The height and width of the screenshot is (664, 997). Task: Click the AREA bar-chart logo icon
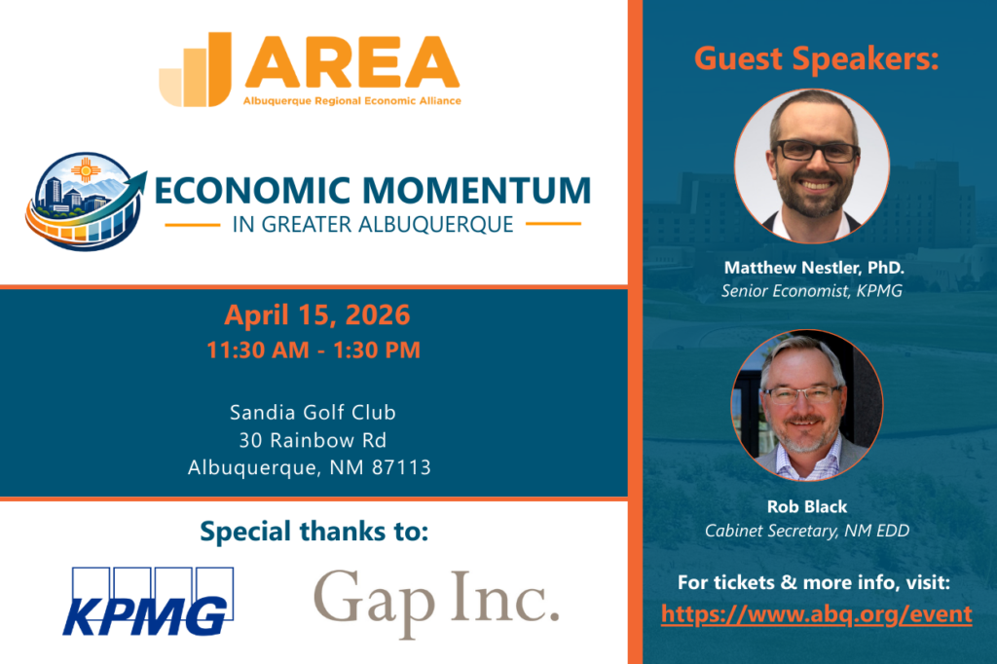point(195,69)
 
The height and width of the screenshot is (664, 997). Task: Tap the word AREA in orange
point(351,62)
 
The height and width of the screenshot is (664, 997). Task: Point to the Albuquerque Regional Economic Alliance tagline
point(351,100)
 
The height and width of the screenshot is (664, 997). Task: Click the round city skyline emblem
point(86,201)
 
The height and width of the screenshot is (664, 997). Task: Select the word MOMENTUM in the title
point(477,190)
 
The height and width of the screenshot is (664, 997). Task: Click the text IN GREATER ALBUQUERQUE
point(373,225)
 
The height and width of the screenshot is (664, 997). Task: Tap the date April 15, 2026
point(317,314)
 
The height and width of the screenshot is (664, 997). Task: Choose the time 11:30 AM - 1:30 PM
point(314,350)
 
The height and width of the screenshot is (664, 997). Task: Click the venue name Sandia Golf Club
point(313,412)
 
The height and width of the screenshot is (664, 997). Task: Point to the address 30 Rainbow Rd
point(313,440)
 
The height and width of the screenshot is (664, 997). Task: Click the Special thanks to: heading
point(314,531)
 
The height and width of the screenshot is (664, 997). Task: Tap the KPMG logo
point(148,602)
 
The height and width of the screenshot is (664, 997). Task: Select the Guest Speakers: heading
point(817,59)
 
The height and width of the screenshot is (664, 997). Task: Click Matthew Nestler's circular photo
point(812,166)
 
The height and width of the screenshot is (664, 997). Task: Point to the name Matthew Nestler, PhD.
point(814,268)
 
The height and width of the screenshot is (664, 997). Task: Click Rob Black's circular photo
point(807,404)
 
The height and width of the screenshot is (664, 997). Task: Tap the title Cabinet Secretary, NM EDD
point(807,531)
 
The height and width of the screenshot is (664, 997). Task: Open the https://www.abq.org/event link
point(817,614)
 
